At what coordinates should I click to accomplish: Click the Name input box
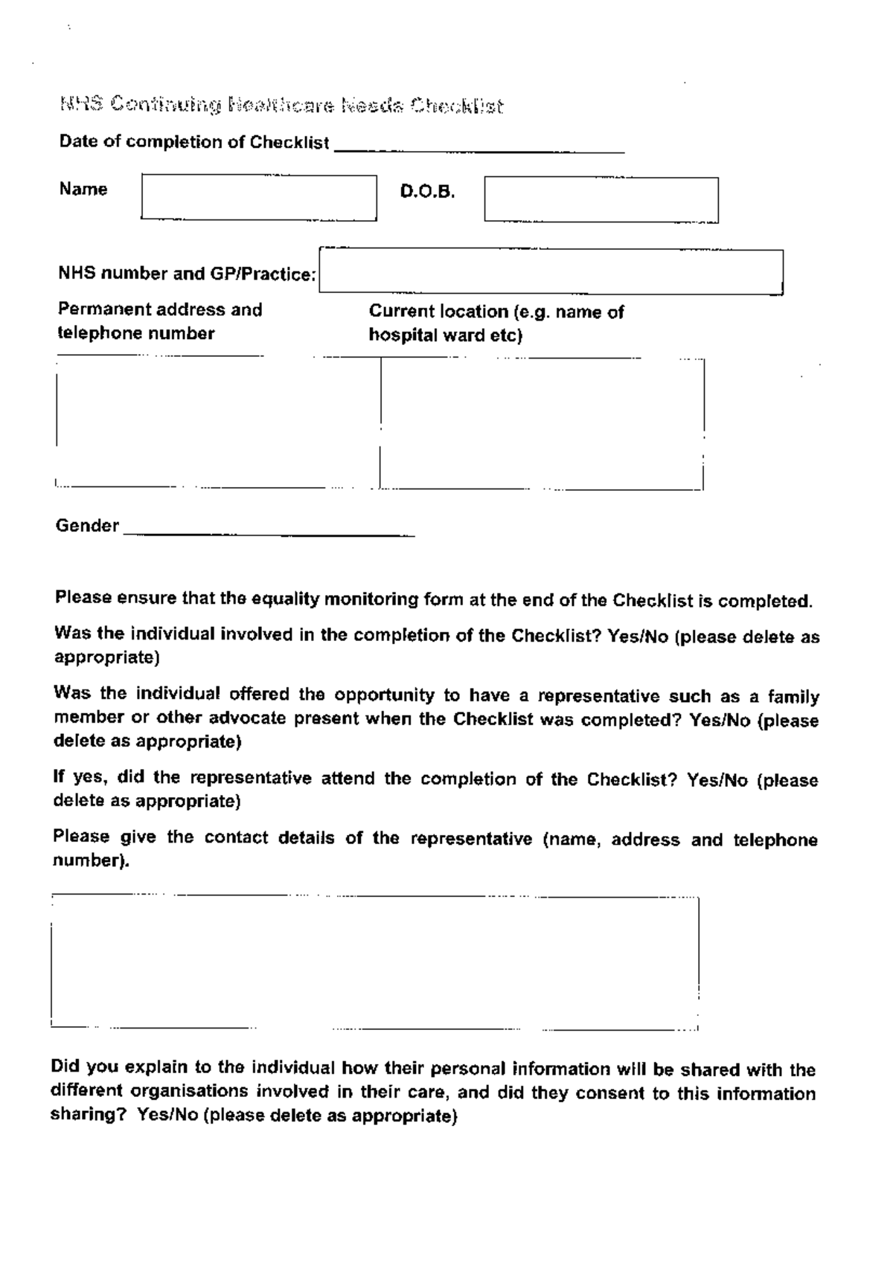259,198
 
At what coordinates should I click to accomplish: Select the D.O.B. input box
601,199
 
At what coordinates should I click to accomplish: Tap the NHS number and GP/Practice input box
551,271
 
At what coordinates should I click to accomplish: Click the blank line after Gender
268,529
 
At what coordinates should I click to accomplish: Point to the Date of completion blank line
479,146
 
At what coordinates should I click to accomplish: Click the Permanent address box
216,422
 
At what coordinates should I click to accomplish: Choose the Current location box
542,424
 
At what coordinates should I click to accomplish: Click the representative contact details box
375,962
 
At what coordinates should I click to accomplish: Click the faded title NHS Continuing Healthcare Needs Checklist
281,106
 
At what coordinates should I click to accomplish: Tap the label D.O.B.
427,192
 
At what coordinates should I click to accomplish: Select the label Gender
87,526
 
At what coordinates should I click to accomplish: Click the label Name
83,189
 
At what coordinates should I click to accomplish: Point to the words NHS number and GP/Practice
187,274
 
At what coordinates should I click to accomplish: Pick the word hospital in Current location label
402,335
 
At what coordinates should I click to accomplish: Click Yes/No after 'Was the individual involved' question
638,637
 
